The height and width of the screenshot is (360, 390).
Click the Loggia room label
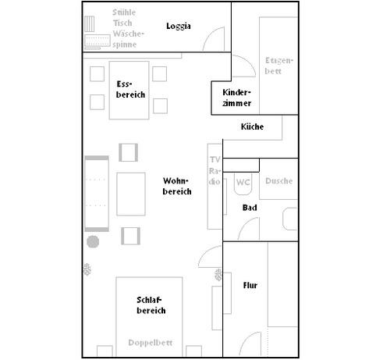(x=179, y=26)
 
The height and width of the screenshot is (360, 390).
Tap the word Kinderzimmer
(x=236, y=98)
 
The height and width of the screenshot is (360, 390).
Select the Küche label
(x=252, y=127)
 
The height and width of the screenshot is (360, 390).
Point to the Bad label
(x=250, y=208)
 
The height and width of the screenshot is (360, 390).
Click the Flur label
(x=250, y=285)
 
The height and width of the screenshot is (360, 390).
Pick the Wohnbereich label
(x=177, y=186)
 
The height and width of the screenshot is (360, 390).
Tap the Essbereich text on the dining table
(x=130, y=89)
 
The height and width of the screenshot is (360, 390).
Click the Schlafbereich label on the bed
(x=151, y=305)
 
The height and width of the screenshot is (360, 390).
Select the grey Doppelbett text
(x=151, y=343)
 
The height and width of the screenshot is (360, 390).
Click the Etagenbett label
(x=279, y=66)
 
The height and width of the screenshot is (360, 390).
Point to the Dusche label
(x=279, y=181)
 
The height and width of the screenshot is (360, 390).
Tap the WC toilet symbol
(x=243, y=184)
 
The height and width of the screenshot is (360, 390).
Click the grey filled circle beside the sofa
(x=93, y=242)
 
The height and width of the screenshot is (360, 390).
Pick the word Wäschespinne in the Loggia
(x=128, y=39)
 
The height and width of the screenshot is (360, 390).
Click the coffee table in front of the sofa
(x=131, y=194)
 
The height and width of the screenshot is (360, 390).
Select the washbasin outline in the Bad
(x=290, y=219)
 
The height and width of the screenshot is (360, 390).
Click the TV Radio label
(x=214, y=170)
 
